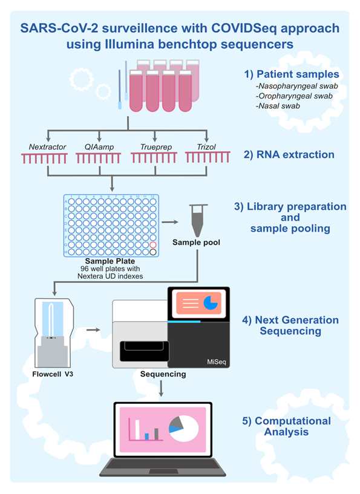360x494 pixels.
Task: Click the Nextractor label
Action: pos(47,147)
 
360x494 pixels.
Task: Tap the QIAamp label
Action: pos(99,147)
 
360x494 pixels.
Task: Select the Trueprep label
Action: pos(156,147)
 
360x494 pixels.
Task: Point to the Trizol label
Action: pos(206,147)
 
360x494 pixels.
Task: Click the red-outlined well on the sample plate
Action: pos(153,245)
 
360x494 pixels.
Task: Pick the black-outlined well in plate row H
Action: pos(153,252)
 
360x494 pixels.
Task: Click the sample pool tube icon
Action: pos(198,220)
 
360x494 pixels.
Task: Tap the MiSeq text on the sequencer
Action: pos(216,362)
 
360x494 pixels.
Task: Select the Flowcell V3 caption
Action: pos(53,374)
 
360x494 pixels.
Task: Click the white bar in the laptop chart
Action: pos(137,429)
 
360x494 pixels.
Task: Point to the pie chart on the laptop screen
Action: pos(184,429)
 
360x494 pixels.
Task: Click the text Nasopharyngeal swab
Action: pos(297,86)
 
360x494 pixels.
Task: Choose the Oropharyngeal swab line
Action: pos(294,96)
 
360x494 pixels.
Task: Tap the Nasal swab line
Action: pos(278,106)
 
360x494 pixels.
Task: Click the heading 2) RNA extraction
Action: pos(289,155)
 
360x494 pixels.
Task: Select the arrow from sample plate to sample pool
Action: pos(170,222)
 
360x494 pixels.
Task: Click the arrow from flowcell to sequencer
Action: pos(93,330)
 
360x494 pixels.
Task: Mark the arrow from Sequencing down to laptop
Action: pos(162,389)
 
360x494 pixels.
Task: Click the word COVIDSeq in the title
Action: pos(244,28)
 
